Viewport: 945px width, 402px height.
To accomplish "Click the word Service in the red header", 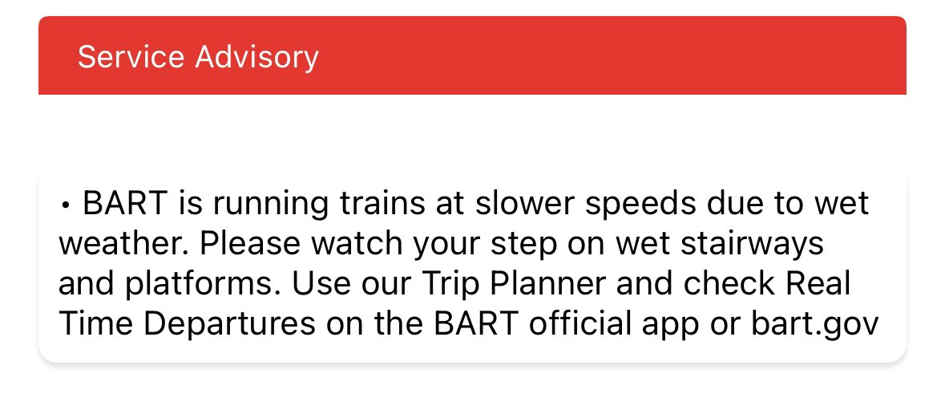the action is pyautogui.click(x=131, y=57).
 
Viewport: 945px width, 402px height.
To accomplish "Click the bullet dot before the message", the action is pyautogui.click(x=65, y=206).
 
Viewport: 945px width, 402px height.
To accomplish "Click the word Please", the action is pyautogui.click(x=249, y=242).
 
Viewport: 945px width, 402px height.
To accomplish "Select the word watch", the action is pyautogui.click(x=357, y=242).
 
